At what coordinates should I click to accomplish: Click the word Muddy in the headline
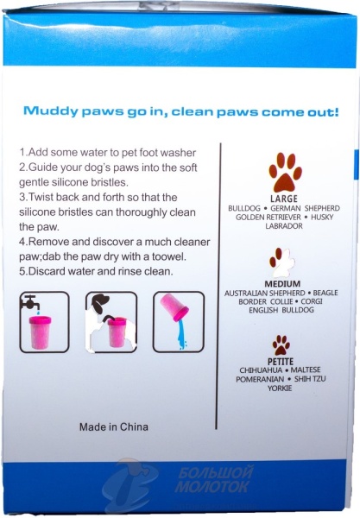pos(51,111)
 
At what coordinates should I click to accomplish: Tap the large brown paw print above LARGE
pos(285,172)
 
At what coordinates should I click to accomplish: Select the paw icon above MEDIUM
pos(281,262)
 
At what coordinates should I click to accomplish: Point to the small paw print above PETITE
pos(281,345)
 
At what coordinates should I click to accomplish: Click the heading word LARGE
pos(284,199)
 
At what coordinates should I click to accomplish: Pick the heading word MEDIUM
pos(282,284)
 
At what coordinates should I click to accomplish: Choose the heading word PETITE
pos(281,362)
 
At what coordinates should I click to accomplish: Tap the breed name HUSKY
pos(322,217)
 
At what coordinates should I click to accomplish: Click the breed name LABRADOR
pos(284,226)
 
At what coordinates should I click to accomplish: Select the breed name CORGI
pos(312,301)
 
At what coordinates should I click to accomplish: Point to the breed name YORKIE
pos(280,388)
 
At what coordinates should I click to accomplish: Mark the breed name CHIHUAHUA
pos(261,370)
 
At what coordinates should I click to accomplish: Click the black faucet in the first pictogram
pos(29,302)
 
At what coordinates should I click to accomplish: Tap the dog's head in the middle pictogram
pos(100,303)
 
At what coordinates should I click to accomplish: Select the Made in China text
pos(114,426)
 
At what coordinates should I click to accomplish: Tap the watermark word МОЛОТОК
pos(212,486)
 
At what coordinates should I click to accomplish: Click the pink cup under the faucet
pos(40,332)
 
